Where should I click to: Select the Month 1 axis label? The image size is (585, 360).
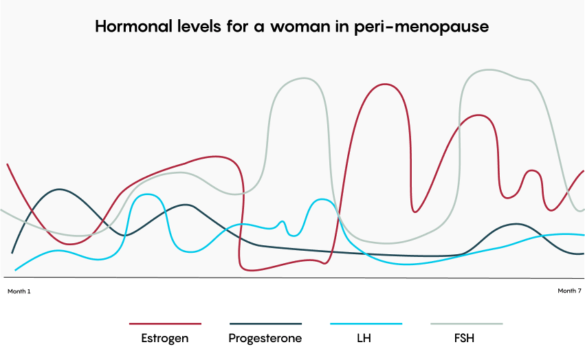19,291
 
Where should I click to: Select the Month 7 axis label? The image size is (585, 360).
569,291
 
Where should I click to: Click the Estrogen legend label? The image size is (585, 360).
165,338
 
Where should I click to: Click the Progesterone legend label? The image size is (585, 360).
265,338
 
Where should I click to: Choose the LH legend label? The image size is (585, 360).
366,338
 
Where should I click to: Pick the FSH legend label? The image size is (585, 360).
465,338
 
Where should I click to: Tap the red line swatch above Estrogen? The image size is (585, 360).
165,323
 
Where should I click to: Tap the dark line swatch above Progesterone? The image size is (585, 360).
265,323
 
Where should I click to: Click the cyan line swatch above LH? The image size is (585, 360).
366,323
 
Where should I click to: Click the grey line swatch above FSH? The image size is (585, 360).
466,323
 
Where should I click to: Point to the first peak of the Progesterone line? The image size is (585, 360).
59,189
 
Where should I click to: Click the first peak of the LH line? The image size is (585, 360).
148,194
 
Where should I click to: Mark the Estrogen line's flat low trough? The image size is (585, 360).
275,266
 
